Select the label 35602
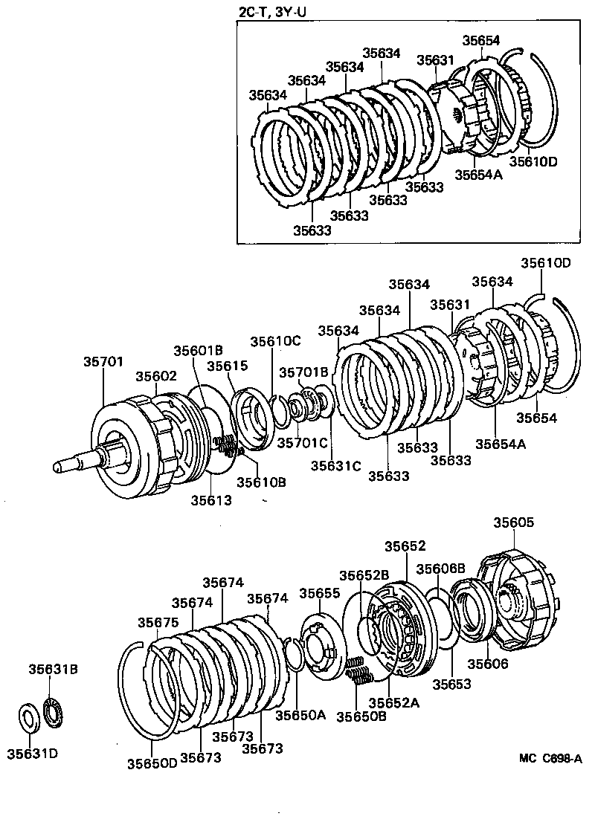pos(157,376)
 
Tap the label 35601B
pos(199,350)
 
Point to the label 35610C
pos(275,341)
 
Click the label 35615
pos(227,366)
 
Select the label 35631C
pos(335,466)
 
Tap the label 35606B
pos(440,569)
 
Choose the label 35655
pos(320,592)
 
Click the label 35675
pos(158,622)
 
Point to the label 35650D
pos(152,763)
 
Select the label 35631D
pos(32,754)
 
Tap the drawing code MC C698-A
pos(550,758)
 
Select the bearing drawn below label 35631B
pos(54,711)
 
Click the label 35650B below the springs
pos(361,716)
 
